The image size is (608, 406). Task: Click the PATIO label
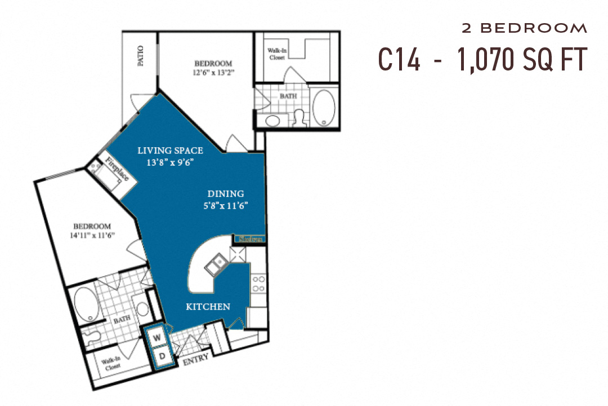140,56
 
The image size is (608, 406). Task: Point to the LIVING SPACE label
171,151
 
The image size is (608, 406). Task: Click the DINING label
225,194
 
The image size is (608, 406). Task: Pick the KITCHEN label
208,307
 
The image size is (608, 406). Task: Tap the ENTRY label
195,358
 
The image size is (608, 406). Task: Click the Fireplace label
117,170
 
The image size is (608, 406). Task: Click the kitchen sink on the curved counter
216,264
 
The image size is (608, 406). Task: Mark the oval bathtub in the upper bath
323,108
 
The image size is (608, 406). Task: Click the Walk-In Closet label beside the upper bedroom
276,54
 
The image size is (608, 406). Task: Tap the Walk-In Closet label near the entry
113,365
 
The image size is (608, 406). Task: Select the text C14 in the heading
399,59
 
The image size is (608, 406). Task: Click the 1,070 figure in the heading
485,59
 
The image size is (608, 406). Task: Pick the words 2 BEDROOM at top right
524,28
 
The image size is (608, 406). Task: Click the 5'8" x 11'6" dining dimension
226,206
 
